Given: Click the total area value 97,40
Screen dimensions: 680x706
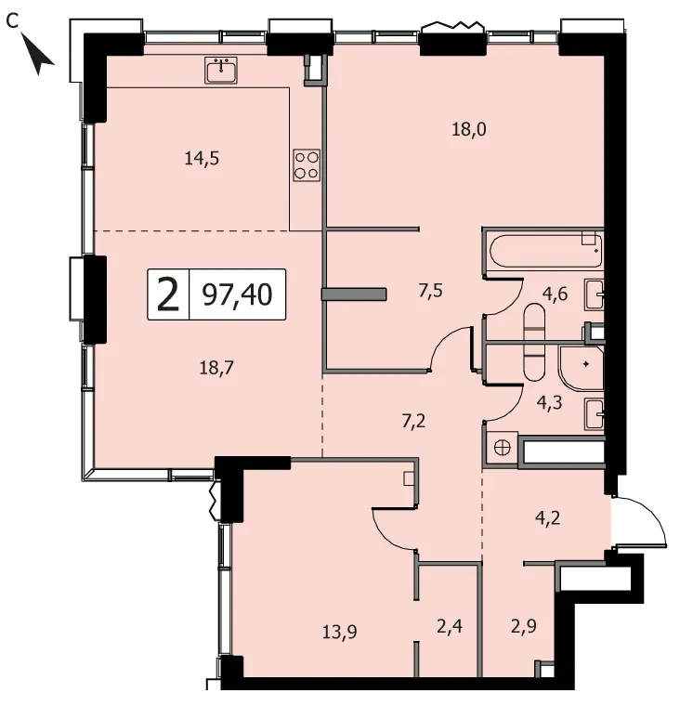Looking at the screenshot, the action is coord(237,294).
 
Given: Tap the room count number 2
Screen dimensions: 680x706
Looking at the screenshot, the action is coord(168,294).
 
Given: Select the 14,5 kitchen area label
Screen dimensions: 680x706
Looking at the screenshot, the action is coord(202,158).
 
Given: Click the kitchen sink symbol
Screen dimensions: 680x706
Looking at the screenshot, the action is coord(221,71).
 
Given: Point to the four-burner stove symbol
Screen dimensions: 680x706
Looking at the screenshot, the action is coord(307,165).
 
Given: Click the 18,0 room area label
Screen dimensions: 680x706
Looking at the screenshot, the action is coord(469,130).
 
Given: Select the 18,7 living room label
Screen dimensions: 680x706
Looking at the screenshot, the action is coord(216,368).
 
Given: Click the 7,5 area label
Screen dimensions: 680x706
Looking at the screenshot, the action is coord(430,291).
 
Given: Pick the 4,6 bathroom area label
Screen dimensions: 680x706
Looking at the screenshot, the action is coord(555,294).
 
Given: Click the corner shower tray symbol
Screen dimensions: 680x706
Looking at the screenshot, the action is coord(581,367).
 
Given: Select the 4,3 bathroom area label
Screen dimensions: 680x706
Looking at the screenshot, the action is coord(549,402).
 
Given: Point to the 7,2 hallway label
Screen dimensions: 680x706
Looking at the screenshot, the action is coord(413,422).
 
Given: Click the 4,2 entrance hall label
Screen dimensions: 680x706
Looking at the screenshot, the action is coord(547,517).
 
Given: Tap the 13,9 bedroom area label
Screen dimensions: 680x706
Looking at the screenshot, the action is coord(340,632).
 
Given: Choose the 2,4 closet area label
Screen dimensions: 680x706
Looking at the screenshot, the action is coord(450,626).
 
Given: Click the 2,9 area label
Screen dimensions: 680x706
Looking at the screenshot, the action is coord(523,626).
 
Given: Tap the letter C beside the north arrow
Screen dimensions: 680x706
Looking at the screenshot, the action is coord(13,21).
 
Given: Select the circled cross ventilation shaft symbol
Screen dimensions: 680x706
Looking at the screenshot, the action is coord(503,448).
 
